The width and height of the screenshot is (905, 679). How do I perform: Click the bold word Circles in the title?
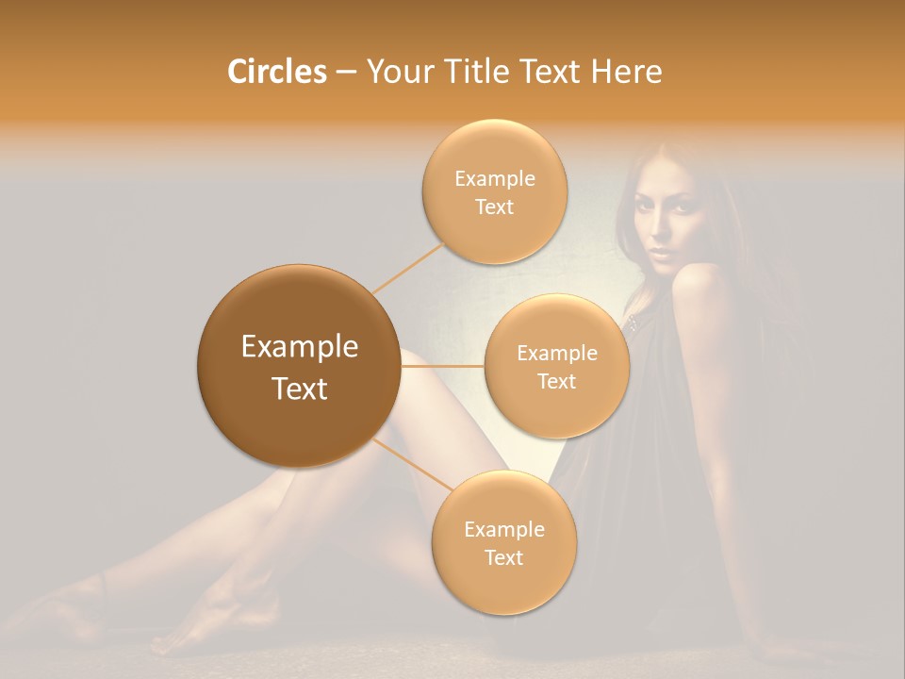277,72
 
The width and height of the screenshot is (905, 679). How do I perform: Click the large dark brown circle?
299,366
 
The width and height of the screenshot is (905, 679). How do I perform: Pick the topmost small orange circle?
494,191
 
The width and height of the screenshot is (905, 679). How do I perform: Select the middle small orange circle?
556,366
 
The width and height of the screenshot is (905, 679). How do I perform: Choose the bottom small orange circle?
503,542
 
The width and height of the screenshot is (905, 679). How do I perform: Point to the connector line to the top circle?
408,267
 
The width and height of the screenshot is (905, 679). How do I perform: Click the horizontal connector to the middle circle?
442,366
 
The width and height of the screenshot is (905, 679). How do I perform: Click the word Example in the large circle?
299,347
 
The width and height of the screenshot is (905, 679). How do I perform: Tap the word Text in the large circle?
299,389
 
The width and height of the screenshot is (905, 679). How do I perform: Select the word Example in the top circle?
494,178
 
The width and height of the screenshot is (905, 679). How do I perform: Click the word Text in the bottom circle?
503,557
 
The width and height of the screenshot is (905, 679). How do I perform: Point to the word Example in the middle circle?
556,353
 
